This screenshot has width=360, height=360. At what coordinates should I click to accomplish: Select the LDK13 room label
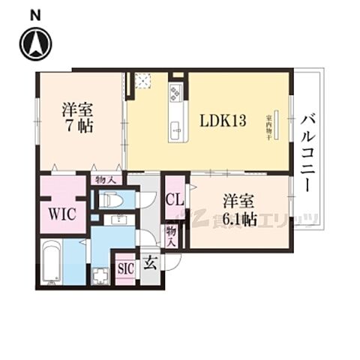tap(223, 120)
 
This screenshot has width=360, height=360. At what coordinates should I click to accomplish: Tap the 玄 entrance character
tap(150, 263)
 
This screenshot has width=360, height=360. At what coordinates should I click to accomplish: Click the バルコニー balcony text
tap(309, 150)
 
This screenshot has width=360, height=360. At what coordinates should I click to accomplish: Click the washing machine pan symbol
tap(100, 275)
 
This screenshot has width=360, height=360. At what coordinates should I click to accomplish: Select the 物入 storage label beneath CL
tap(172, 236)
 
